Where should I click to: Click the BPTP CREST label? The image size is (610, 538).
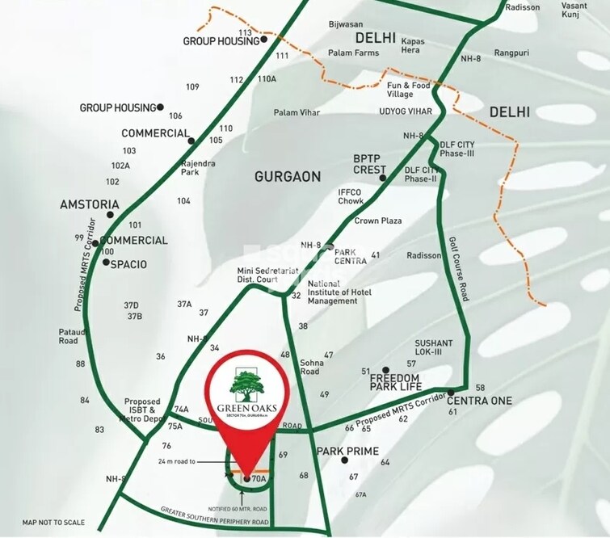tap(370, 164)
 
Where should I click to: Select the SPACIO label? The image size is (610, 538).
tap(128, 264)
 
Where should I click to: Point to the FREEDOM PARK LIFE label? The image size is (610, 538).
tap(394, 383)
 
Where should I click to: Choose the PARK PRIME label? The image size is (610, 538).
tap(348, 451)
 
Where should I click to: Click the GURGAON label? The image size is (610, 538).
tap(288, 176)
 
